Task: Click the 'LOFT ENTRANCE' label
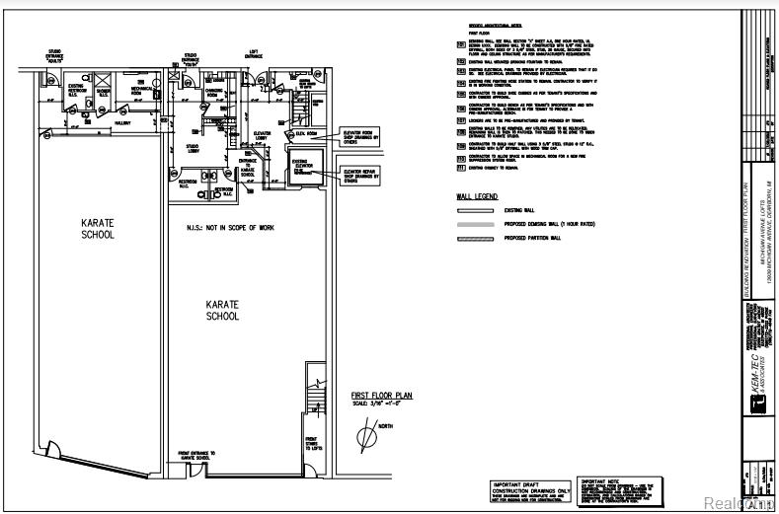(254, 56)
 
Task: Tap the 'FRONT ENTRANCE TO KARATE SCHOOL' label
(194, 456)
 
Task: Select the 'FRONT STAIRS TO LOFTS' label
(311, 445)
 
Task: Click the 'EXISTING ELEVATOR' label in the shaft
(300, 165)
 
